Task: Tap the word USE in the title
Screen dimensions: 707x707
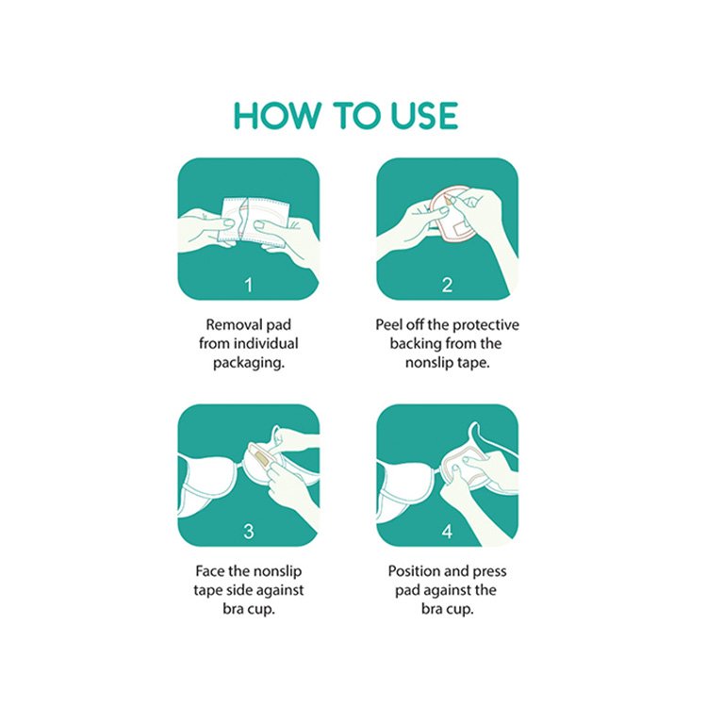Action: [424, 115]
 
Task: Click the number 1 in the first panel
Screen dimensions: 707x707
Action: [249, 285]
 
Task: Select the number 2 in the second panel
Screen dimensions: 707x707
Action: [447, 285]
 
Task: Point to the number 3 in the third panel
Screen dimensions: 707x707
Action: [249, 531]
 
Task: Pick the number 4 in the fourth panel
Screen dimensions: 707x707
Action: [447, 531]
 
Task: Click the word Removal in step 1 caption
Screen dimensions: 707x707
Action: [235, 324]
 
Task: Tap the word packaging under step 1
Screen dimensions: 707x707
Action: [249, 363]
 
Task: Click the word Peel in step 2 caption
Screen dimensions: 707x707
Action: [390, 324]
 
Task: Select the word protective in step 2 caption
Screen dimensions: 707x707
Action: [485, 324]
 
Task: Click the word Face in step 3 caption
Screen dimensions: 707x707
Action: [209, 571]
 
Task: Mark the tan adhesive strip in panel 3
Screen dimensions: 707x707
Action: [259, 456]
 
